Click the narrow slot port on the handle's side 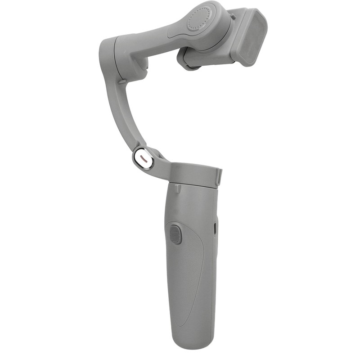(215, 228)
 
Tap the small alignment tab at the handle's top (179, 185)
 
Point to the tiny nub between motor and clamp (233, 17)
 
